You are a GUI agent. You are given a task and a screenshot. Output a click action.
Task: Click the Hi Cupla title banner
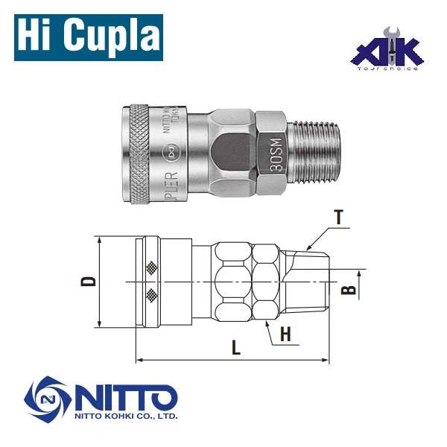(x=87, y=36)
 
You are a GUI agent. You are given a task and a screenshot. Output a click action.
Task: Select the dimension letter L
(x=235, y=347)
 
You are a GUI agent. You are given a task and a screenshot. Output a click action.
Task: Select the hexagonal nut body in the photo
(x=231, y=154)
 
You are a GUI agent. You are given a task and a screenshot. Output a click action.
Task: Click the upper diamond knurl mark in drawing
(x=153, y=267)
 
